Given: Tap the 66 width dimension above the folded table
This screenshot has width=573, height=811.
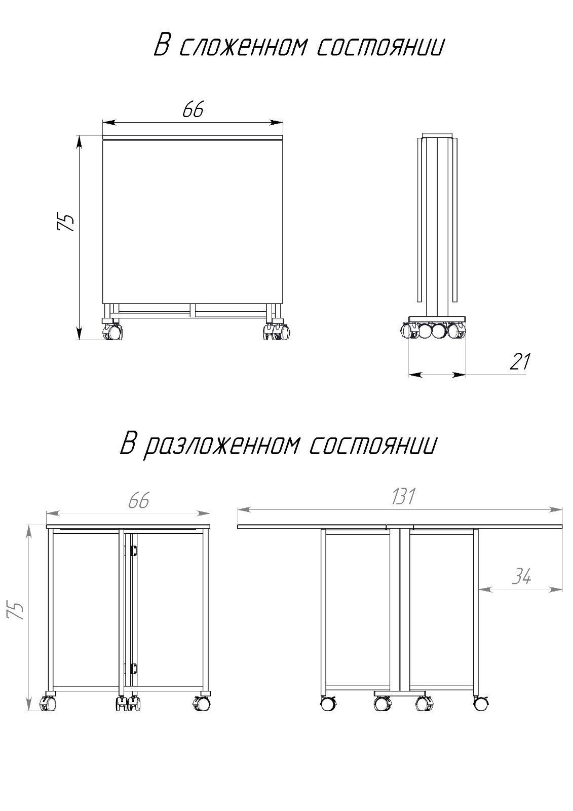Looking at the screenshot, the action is pos(193,109).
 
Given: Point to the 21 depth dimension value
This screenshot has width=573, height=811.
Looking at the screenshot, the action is pos(520,361).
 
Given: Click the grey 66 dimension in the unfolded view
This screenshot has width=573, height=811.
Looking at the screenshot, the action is pos(139,501).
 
